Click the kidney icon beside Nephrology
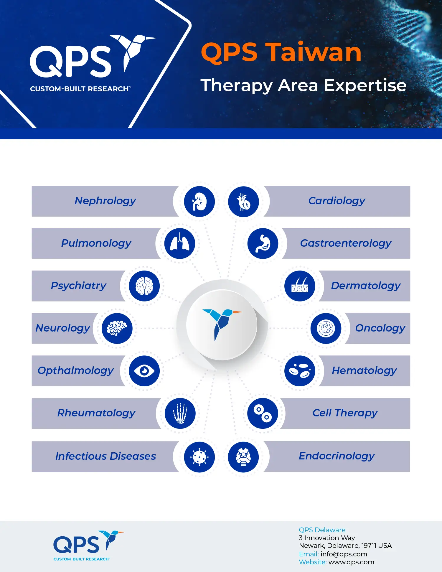(x=199, y=202)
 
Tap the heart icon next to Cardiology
(x=243, y=202)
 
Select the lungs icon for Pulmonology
(x=180, y=244)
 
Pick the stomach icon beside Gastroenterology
(x=263, y=244)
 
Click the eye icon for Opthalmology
(x=144, y=371)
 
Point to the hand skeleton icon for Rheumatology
(x=180, y=413)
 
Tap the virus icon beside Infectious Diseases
(x=199, y=457)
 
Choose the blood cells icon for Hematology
(x=300, y=371)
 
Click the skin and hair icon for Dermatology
(x=300, y=286)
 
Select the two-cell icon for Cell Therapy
(x=263, y=413)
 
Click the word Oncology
(x=380, y=328)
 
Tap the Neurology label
(x=63, y=328)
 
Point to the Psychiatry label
(x=78, y=286)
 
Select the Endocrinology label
(x=337, y=456)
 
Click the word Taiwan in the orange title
(x=314, y=52)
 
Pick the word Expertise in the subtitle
(x=365, y=86)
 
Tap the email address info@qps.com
(x=344, y=554)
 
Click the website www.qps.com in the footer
(x=351, y=562)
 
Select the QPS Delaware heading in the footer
(x=322, y=530)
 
